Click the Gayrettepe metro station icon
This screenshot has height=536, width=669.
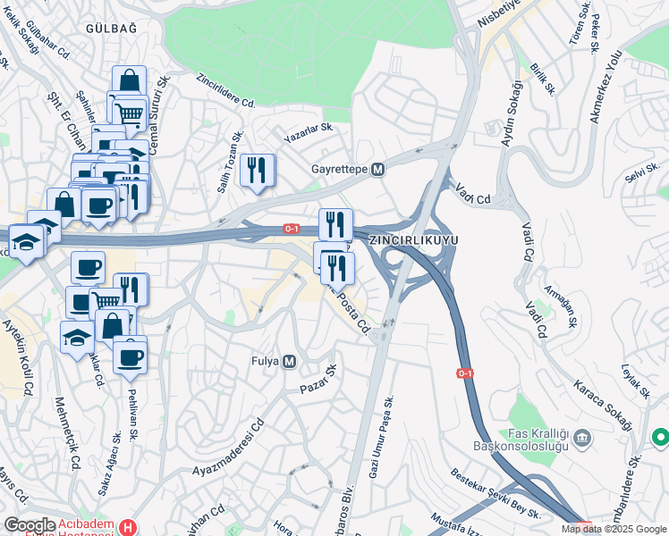pos(378,169)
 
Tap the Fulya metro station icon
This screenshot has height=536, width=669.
pos(289,362)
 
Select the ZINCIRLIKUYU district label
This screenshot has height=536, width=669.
pos(412,240)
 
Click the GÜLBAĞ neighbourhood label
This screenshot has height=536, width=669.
pos(111,29)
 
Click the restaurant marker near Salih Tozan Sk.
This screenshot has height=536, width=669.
pos(258,169)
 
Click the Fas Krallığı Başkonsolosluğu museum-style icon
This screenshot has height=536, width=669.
pos(582,439)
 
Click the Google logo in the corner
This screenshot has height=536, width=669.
pos(30,526)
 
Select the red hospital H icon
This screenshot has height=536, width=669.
pos(128,527)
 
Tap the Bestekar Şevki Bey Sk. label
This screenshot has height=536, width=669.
pos(495,492)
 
